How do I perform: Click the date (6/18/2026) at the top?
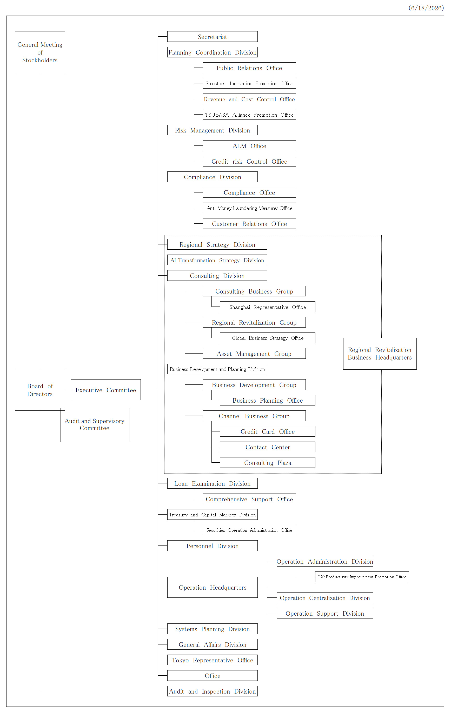point(426,8)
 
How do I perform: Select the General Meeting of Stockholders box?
point(40,52)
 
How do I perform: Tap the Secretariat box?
point(212,37)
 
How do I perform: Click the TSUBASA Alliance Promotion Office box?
point(249,115)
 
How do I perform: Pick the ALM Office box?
point(249,146)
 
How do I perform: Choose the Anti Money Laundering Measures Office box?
point(249,208)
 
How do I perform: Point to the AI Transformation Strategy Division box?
point(217,260)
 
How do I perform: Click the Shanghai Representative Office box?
point(268,307)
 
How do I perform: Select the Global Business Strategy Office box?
point(268,338)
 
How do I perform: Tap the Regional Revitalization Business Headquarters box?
point(380,354)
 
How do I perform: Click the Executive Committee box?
point(106,390)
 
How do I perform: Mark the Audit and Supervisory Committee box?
point(95,425)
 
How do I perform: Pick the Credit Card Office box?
point(268,432)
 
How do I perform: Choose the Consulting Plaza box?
point(268,463)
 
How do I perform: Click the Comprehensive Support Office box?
point(249,499)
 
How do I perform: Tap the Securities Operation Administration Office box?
point(249,530)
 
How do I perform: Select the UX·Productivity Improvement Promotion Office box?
point(362,577)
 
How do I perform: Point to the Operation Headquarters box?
point(212,587)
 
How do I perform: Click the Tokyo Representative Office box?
point(212,660)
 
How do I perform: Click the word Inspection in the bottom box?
point(216,691)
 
